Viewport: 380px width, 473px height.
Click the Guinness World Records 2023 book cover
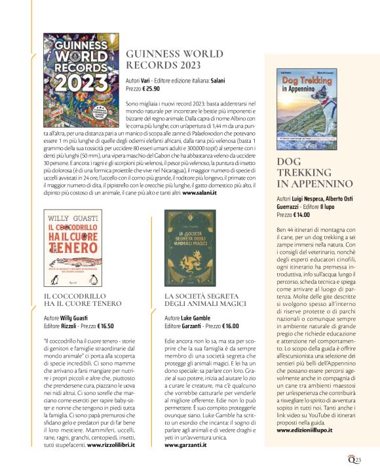[x=81, y=76]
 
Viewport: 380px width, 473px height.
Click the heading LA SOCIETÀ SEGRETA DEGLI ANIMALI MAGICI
[x=204, y=301]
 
